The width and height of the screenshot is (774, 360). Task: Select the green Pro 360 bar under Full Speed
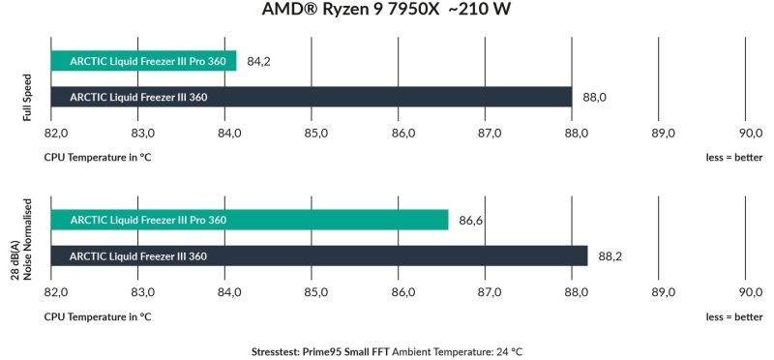143,61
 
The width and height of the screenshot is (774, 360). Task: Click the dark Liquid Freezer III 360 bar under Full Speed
311,97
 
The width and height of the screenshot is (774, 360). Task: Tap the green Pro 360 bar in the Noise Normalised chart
249,220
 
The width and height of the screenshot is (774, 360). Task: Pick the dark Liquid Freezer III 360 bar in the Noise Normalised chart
318,255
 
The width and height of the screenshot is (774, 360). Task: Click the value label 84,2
258,61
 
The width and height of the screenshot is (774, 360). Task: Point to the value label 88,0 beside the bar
594,97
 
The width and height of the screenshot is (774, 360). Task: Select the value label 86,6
471,221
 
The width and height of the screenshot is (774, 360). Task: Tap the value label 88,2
610,256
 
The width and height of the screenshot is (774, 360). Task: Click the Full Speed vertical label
28,97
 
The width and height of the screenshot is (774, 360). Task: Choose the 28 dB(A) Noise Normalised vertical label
21,239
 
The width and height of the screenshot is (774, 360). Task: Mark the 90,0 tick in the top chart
750,133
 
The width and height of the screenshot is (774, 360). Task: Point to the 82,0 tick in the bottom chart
57,291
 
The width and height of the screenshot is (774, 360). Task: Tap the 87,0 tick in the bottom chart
487,291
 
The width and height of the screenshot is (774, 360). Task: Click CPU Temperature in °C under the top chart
97,156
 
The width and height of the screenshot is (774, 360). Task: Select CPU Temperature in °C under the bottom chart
97,315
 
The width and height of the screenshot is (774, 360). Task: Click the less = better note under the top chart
733,156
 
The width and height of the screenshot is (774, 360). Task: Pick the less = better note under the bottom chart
733,315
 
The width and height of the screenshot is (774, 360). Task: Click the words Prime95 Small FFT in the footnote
340,351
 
